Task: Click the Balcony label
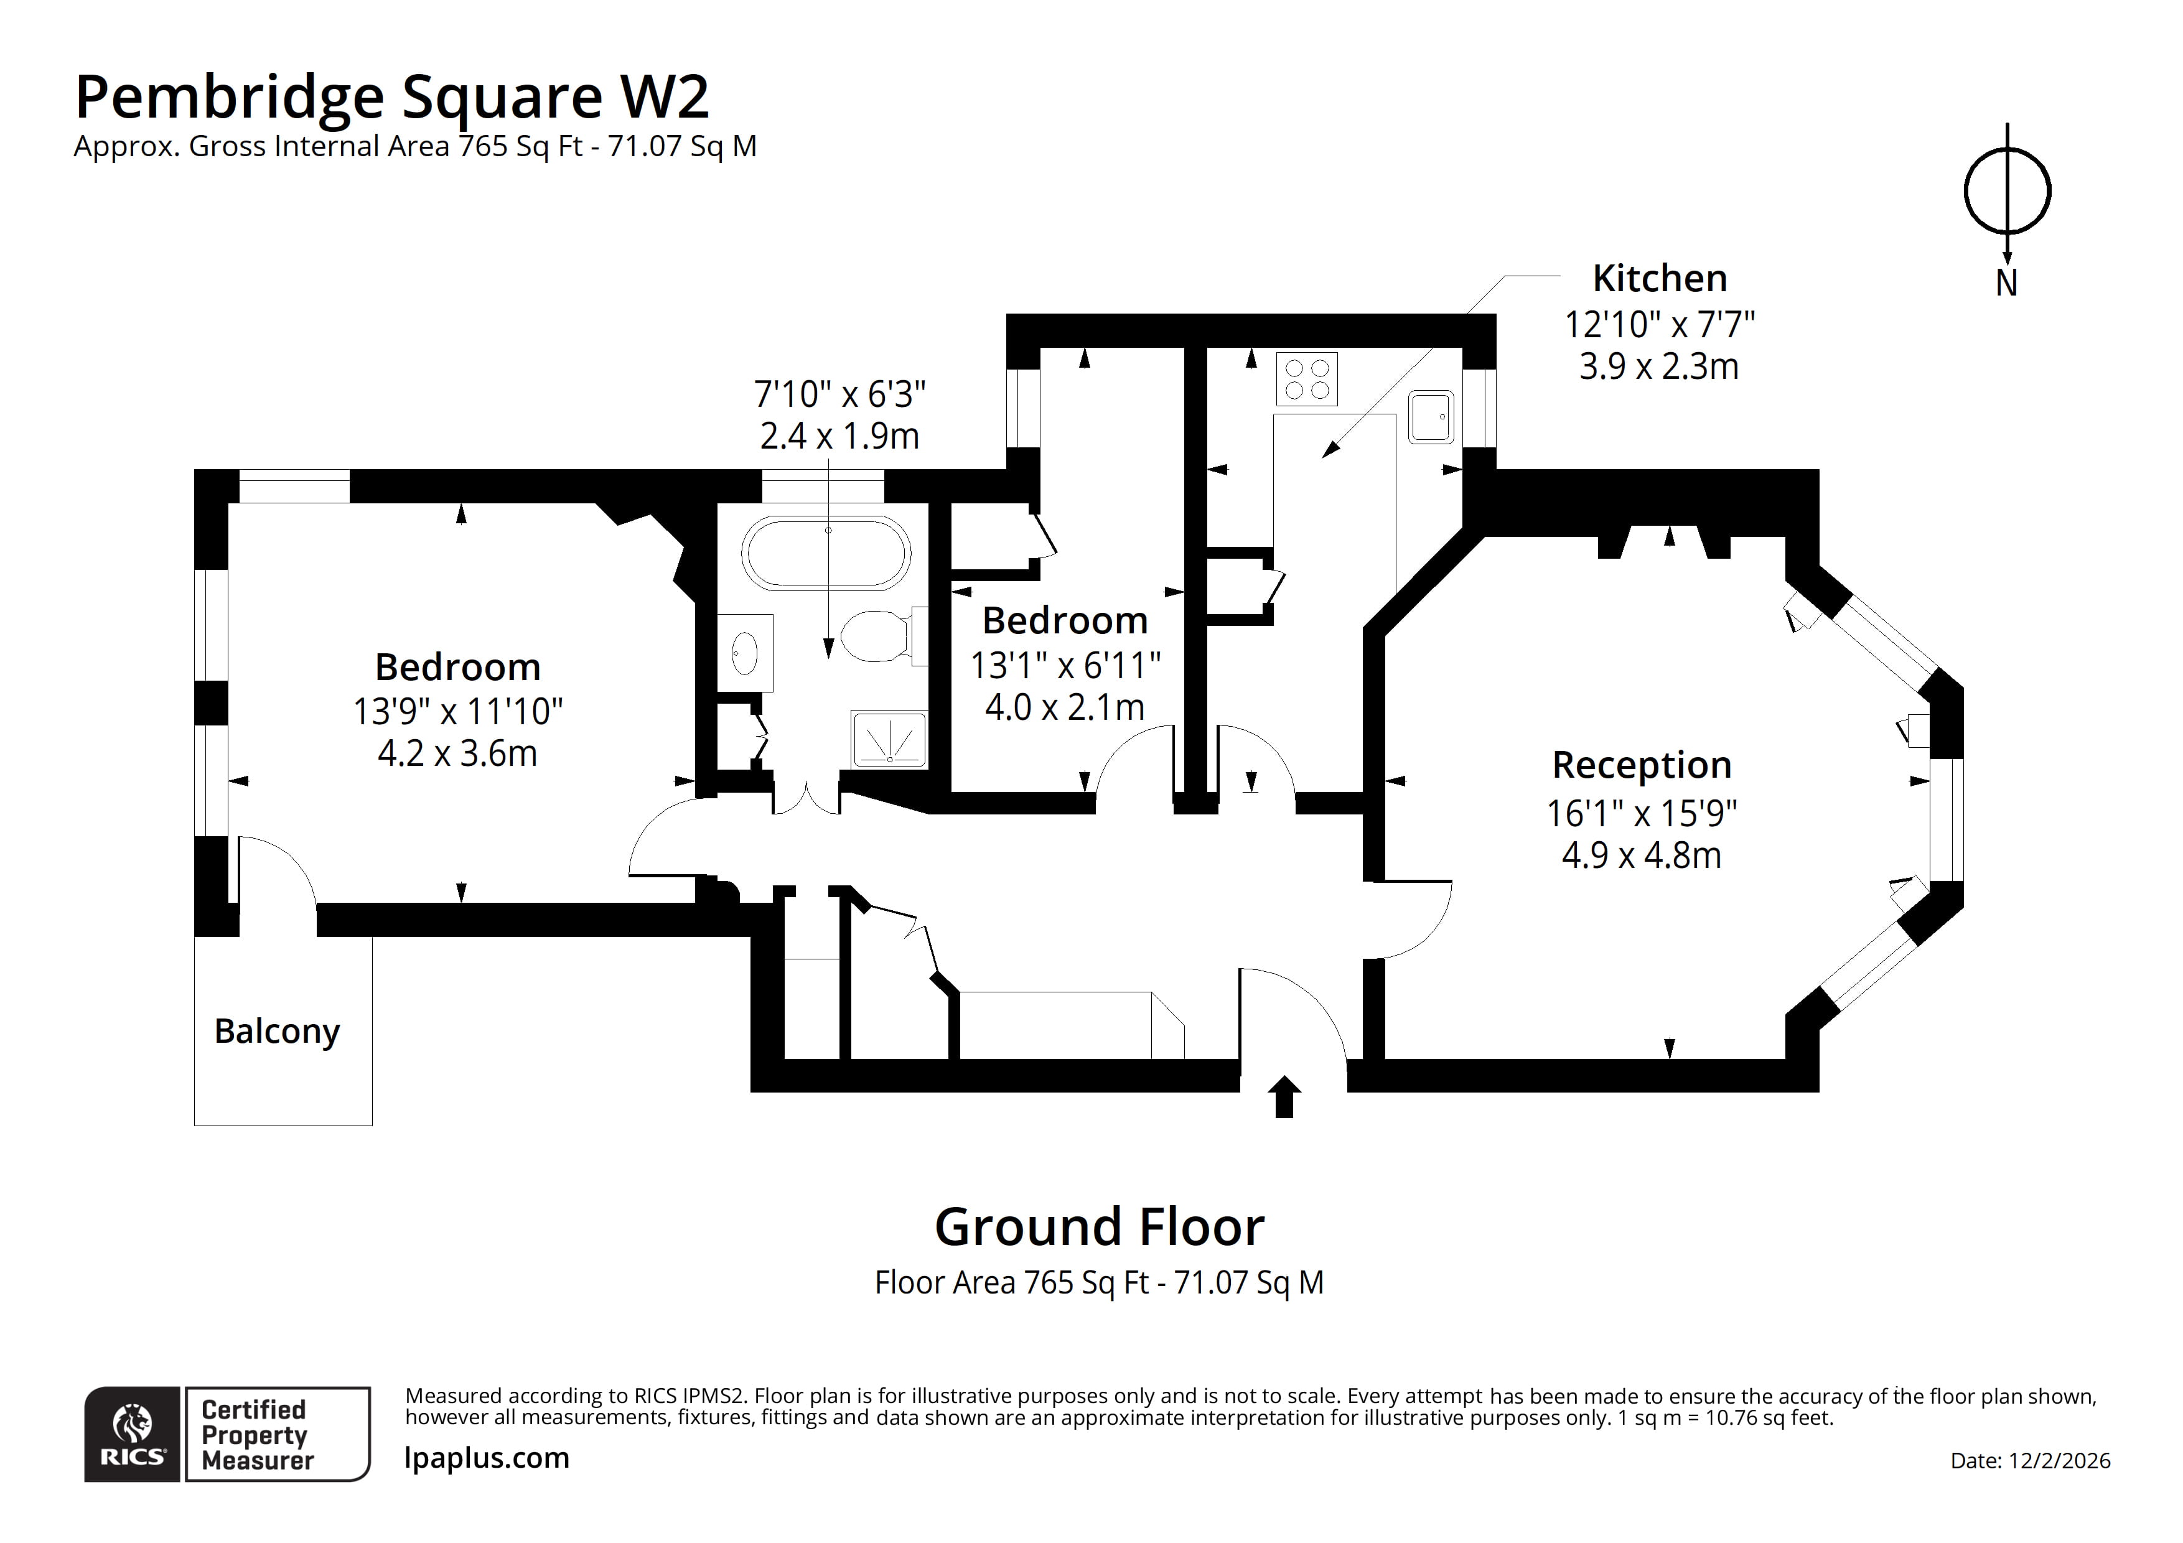277,1032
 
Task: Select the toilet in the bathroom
877,635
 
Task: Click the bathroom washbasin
744,652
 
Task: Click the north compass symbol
2006,192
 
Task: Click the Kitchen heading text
1659,279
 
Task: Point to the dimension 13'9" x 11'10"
457,711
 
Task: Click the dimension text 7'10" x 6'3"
839,394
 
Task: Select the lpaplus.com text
487,1457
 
